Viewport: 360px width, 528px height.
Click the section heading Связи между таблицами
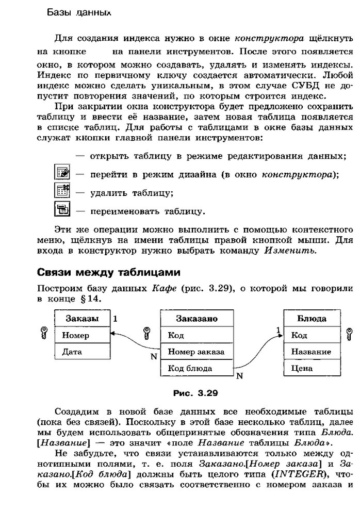(x=109, y=272)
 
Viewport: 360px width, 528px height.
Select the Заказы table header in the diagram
(x=81, y=319)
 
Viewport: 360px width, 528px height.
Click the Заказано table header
(x=197, y=319)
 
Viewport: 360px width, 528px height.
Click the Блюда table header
(x=311, y=319)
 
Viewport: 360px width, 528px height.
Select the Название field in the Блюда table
(x=311, y=352)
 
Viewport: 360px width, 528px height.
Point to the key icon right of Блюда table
(x=349, y=334)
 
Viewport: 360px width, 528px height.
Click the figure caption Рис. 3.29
(x=196, y=393)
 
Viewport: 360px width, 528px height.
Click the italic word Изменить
(x=290, y=251)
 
